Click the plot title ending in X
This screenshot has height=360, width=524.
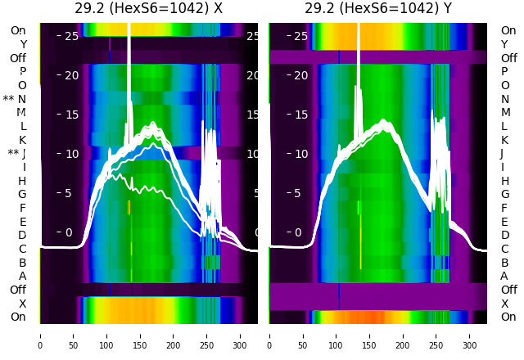point(148,9)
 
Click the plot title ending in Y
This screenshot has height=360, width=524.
point(377,9)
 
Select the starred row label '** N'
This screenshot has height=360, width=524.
point(15,99)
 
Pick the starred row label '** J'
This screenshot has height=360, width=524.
point(16,154)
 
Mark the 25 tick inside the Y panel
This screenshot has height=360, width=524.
point(300,36)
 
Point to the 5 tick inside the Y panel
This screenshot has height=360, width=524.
point(300,193)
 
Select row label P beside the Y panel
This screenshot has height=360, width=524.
point(504,72)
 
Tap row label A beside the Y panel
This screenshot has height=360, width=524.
point(504,277)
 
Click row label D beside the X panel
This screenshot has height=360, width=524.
point(23,236)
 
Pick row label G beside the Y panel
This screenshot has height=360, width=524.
point(504,195)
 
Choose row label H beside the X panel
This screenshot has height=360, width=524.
point(23,181)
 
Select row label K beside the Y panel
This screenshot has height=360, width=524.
point(504,140)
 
